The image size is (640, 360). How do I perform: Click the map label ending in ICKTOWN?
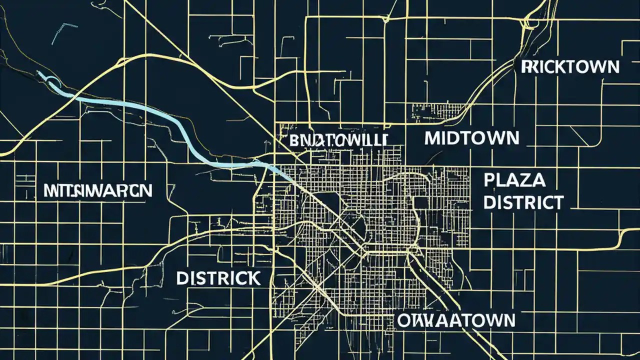(570, 66)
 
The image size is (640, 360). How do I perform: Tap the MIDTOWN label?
(472, 138)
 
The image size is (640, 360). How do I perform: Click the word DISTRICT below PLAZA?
(523, 202)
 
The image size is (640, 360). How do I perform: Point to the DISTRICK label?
(218, 278)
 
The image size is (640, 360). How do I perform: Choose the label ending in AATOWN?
(456, 320)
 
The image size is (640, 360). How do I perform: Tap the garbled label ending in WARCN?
(97, 190)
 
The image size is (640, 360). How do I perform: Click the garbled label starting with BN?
(338, 140)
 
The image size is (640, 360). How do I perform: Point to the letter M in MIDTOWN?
(433, 138)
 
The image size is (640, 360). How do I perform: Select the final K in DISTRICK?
(253, 278)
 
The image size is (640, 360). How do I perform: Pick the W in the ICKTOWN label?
(593, 66)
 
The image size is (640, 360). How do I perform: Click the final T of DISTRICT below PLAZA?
(557, 202)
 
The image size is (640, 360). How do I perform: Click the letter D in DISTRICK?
(182, 278)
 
